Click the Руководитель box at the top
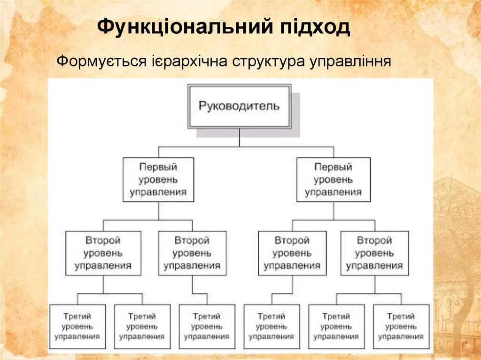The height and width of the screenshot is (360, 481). (239, 106)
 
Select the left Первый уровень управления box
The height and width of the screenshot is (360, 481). (158, 180)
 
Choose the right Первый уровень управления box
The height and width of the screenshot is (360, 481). (334, 180)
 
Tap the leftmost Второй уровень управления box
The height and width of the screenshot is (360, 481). (103, 253)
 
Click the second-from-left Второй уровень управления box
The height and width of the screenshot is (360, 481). (192, 253)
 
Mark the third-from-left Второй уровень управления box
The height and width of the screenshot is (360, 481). (292, 253)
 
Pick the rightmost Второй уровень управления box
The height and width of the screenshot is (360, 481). (374, 253)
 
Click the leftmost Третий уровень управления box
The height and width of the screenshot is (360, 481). (77, 326)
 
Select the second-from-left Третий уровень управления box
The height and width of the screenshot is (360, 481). (142, 326)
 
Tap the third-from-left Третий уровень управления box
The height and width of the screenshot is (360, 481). (207, 326)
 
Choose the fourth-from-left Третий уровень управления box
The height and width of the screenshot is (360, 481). (272, 326)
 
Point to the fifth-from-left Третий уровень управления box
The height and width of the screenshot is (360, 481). (336, 326)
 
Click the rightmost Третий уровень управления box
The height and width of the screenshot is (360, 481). (401, 326)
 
